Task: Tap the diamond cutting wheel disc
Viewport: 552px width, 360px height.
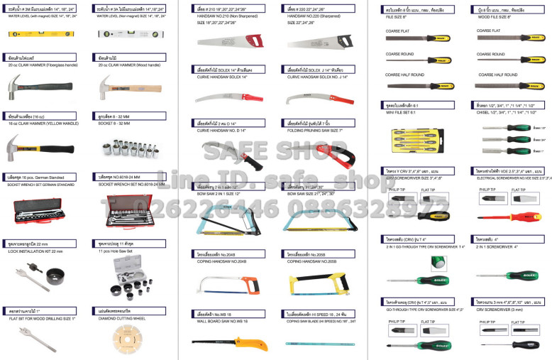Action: (118, 340)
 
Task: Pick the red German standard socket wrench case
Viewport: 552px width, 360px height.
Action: (40, 207)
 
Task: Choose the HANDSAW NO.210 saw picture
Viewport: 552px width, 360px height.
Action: (226, 43)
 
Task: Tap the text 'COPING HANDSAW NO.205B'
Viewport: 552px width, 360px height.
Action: (311, 260)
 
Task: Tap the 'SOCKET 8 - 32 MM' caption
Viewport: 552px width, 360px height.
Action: (116, 122)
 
